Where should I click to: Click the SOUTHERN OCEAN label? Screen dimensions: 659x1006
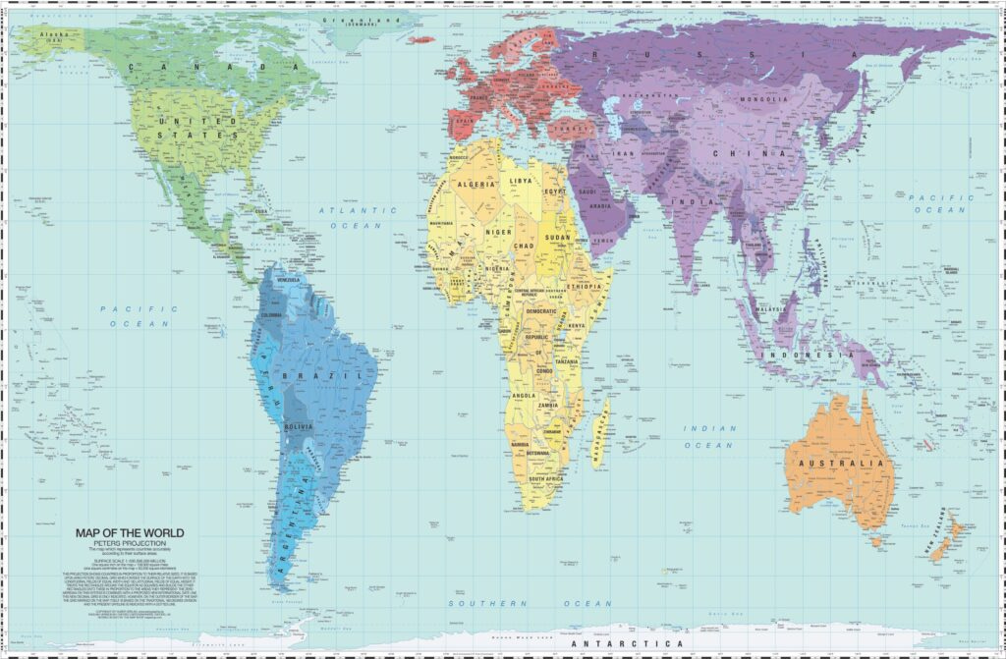[531, 603]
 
